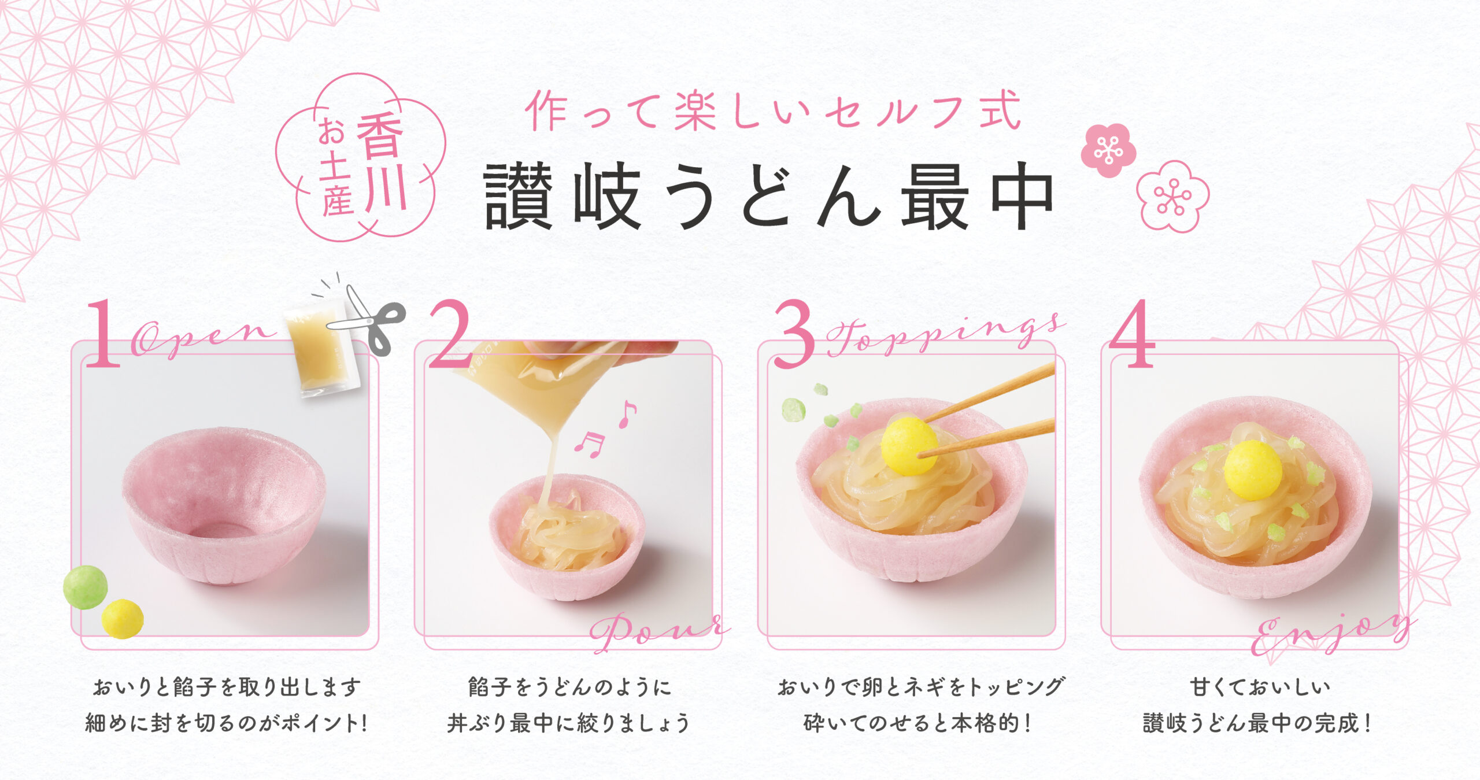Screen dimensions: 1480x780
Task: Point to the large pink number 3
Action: pyautogui.click(x=794, y=334)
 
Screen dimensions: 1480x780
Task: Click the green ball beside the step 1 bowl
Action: pyautogui.click(x=85, y=587)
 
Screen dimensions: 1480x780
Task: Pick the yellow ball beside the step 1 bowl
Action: pyautogui.click(x=123, y=619)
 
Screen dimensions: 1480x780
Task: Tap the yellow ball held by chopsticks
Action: pyautogui.click(x=909, y=446)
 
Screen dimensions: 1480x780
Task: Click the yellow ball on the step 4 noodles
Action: pyautogui.click(x=1253, y=470)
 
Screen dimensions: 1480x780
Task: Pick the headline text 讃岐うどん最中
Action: pyautogui.click(x=769, y=197)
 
